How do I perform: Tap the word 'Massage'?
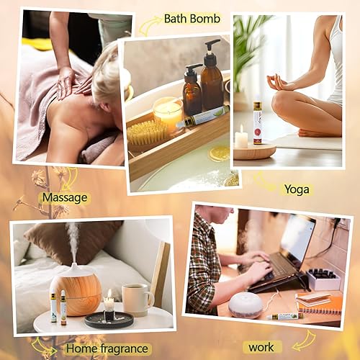point(66,196)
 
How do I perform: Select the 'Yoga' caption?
point(295,189)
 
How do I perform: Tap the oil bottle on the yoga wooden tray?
point(257,122)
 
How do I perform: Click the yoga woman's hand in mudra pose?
point(280,81)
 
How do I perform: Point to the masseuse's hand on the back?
point(66,80)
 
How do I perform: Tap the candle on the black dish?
point(109,308)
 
